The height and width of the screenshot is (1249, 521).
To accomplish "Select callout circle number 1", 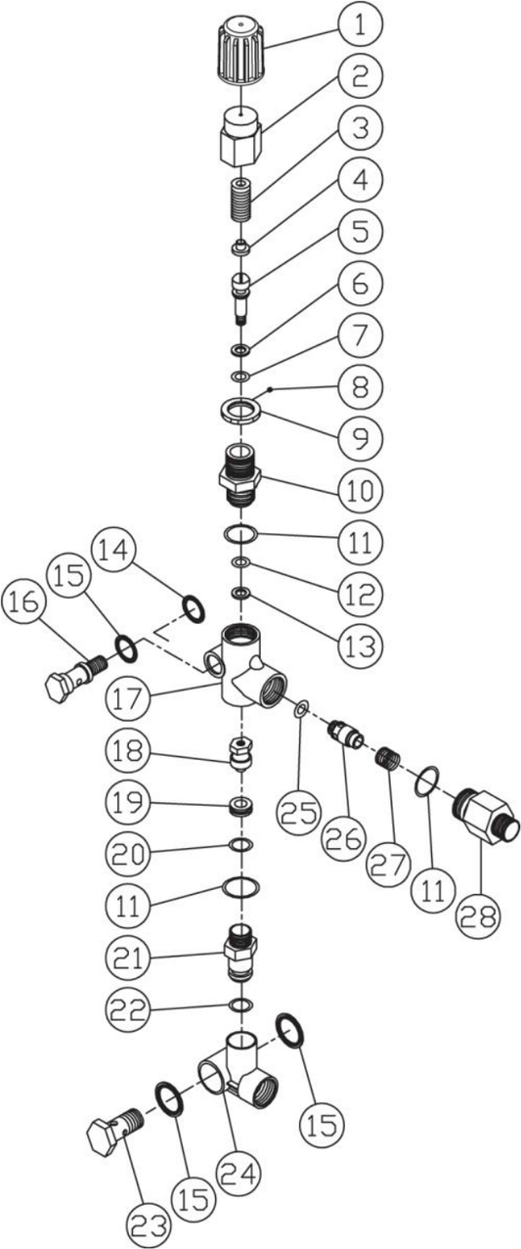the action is (x=360, y=25).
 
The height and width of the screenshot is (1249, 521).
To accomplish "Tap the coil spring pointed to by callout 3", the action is (x=240, y=201).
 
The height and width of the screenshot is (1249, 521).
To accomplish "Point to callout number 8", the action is (x=360, y=386).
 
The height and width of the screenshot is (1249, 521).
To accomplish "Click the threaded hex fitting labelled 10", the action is (x=240, y=474).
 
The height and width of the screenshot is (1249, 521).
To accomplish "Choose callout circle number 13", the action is (x=360, y=645).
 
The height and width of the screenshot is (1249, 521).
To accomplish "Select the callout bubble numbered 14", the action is (x=113, y=549).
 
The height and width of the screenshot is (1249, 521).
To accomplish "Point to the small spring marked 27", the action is (x=389, y=758).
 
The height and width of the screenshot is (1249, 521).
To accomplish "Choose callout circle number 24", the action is (x=236, y=1173).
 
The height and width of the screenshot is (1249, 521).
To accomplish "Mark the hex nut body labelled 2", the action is (x=240, y=137).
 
